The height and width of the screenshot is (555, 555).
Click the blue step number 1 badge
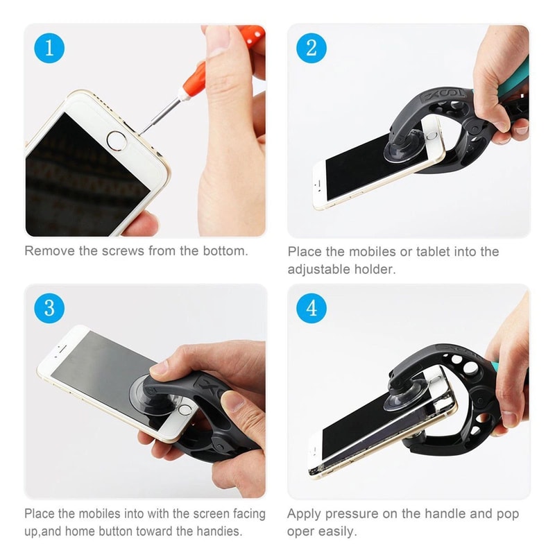pyautogui.click(x=49, y=47)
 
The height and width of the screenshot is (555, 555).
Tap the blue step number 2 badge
pyautogui.click(x=311, y=47)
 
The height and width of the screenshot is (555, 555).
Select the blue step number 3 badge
pyautogui.click(x=49, y=307)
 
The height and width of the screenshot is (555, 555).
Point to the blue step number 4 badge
pyautogui.click(x=311, y=307)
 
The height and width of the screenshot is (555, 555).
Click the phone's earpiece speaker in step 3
pyautogui.click(x=62, y=346)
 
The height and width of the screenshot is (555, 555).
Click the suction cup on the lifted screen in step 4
pyautogui.click(x=406, y=397)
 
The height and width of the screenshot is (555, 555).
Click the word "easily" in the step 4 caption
pyautogui.click(x=336, y=532)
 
